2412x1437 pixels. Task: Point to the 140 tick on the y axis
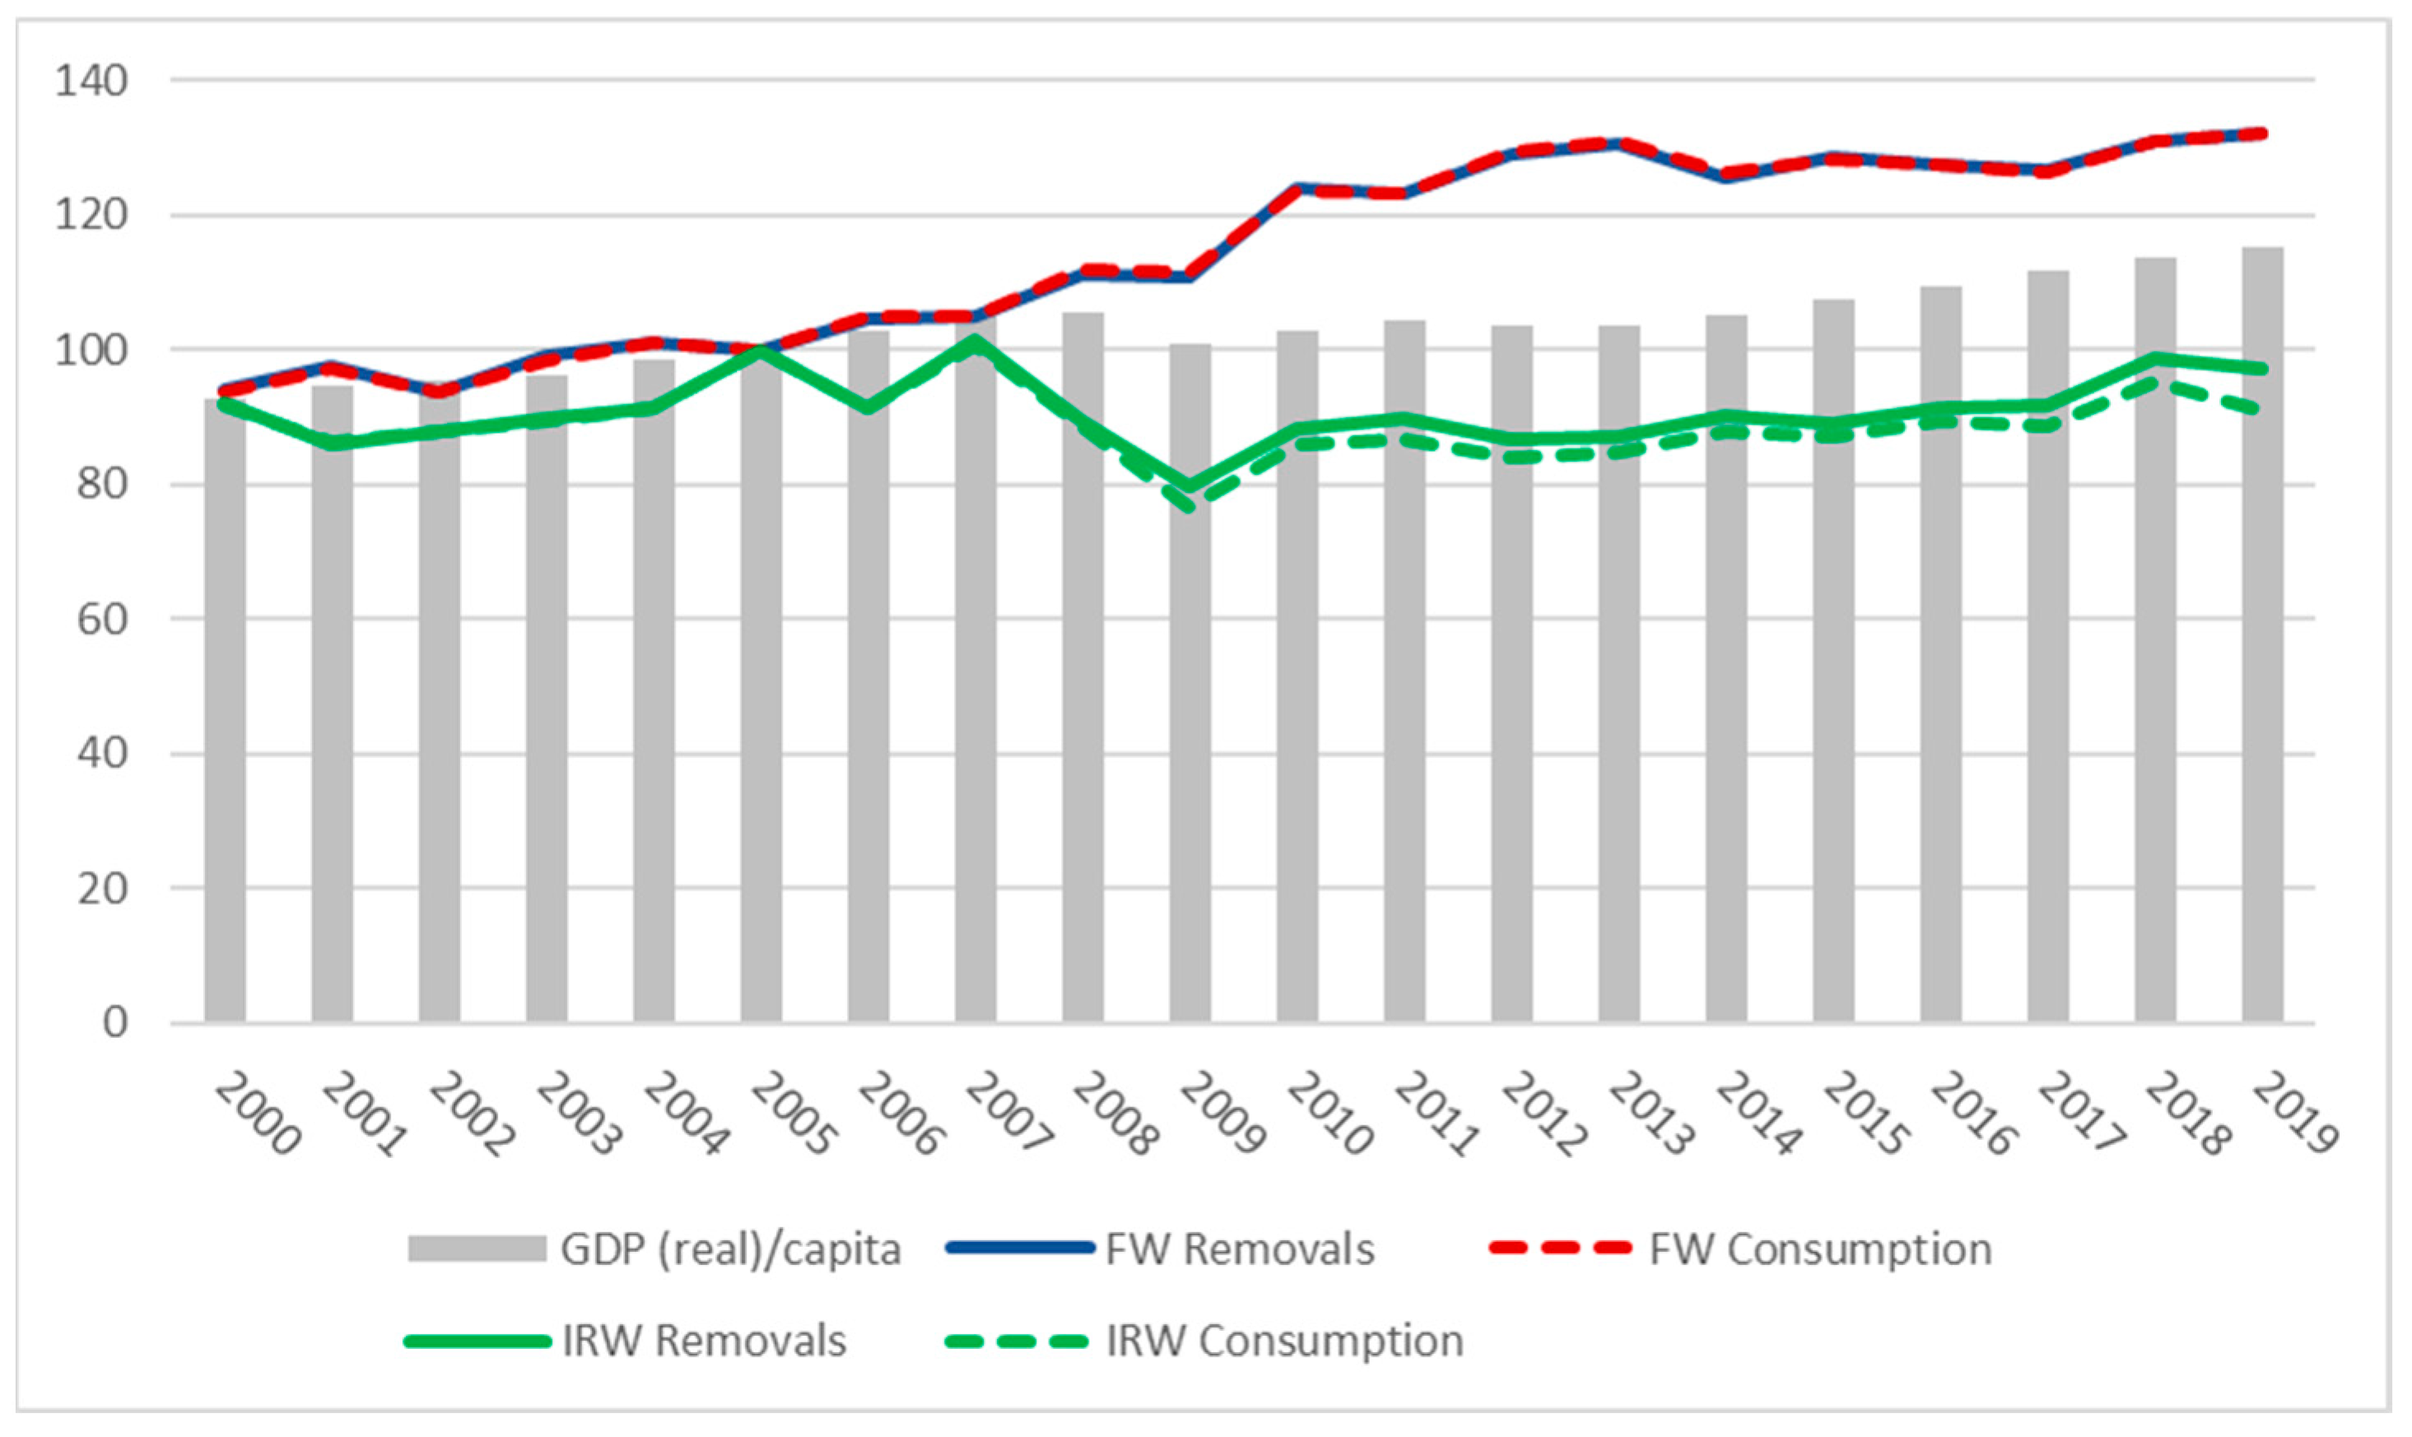(x=91, y=81)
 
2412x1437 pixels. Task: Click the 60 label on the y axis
(x=102, y=620)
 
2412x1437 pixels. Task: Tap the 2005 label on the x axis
(x=792, y=1114)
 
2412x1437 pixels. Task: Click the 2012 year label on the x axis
(x=1544, y=1114)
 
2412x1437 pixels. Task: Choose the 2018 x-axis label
(x=2187, y=1114)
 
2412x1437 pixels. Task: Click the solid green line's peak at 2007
(x=975, y=341)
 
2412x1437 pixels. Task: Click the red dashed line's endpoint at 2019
(x=2263, y=133)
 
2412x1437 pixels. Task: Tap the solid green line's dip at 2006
(x=868, y=407)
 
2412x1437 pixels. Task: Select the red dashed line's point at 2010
(x=1297, y=188)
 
